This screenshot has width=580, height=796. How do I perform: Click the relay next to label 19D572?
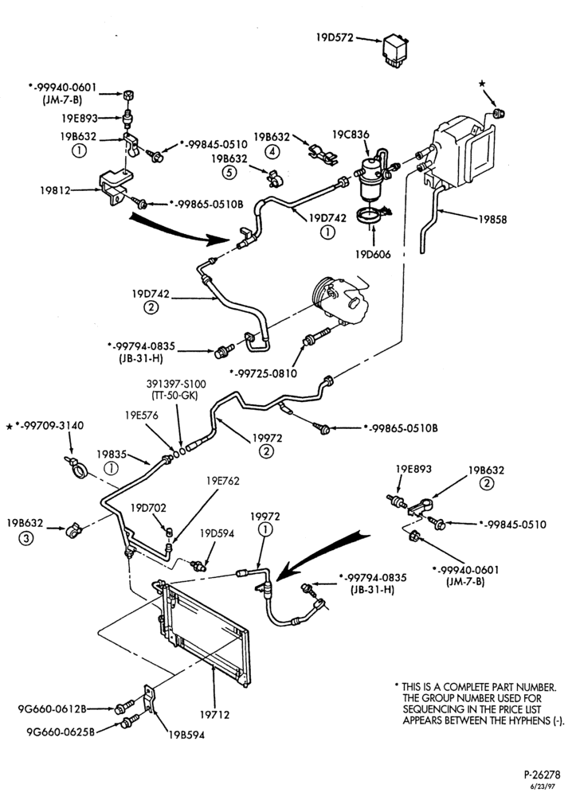pos(396,50)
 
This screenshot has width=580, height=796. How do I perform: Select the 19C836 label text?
pos(351,135)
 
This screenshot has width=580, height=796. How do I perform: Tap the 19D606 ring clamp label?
pos(374,255)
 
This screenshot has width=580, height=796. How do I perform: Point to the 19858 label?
pos(492,220)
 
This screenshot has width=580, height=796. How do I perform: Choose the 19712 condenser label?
pos(214,715)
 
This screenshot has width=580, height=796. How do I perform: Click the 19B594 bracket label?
pos(187,735)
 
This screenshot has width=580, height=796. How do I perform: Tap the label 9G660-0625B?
pos(61,732)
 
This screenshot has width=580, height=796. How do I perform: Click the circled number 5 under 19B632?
pos(229,173)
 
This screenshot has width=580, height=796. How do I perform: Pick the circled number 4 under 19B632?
pos(272,150)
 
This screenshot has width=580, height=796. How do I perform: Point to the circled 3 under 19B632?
pos(25,538)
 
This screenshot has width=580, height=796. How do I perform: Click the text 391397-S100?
pos(176,384)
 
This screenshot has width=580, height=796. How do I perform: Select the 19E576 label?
pos(142,416)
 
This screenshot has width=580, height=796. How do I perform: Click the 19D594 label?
pos(217,533)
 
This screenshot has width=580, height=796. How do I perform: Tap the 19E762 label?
pos(222,480)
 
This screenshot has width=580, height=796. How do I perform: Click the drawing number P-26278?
pos(543,775)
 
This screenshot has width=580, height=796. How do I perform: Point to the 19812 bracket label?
pos(55,190)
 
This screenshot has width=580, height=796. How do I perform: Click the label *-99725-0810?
pos(263,373)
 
